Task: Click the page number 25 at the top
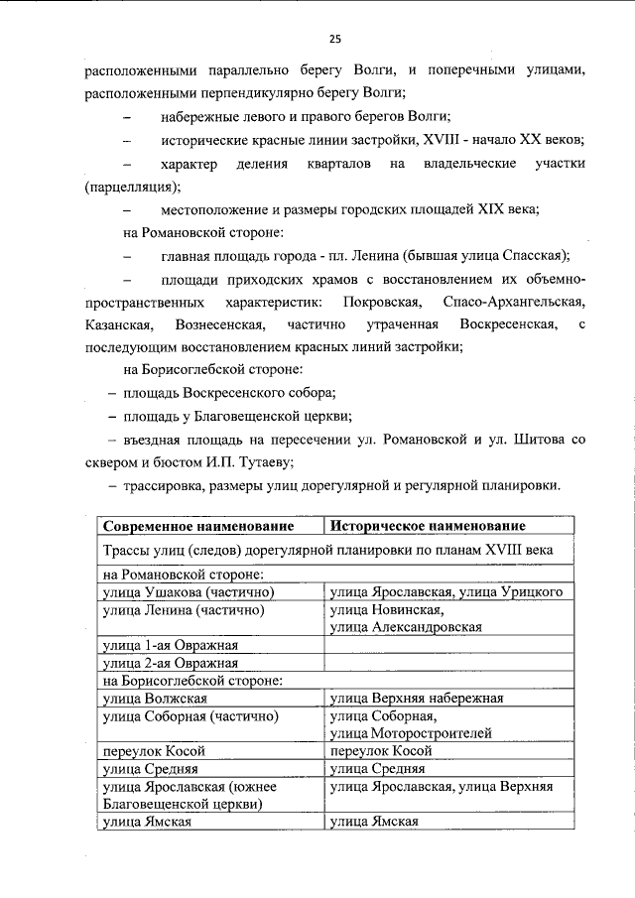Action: (334, 39)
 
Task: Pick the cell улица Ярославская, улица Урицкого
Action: (446, 591)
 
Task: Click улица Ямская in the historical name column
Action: (373, 822)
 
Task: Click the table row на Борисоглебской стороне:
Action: (193, 680)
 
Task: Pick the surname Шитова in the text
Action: (544, 438)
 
